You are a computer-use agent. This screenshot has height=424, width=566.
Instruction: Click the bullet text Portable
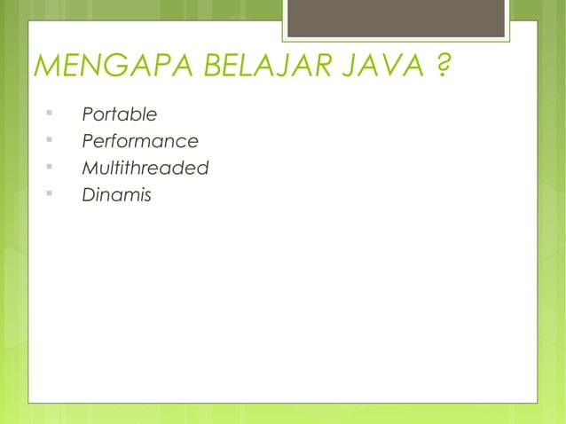coord(119,115)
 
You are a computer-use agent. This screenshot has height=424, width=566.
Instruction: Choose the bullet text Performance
coord(139,142)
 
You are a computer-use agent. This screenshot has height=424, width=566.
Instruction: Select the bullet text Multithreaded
coord(145,168)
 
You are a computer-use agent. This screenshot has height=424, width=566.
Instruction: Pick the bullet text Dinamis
coord(115,193)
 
